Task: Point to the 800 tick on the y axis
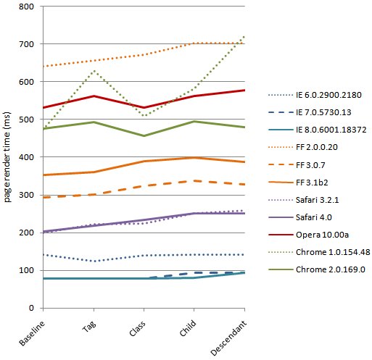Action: (26, 7)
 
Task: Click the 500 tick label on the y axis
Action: (26, 120)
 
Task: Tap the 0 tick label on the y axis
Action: (31, 308)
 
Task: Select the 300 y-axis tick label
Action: (26, 195)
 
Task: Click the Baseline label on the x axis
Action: (32, 333)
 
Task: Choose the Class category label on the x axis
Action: (137, 328)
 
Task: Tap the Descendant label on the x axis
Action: (228, 338)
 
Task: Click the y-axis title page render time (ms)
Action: (7, 157)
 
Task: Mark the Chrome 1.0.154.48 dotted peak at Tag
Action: (94, 71)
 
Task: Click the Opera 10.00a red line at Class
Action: (144, 108)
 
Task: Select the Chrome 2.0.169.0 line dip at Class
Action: (144, 136)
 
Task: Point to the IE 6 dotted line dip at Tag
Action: (94, 261)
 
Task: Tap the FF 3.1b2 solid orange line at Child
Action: (194, 158)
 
